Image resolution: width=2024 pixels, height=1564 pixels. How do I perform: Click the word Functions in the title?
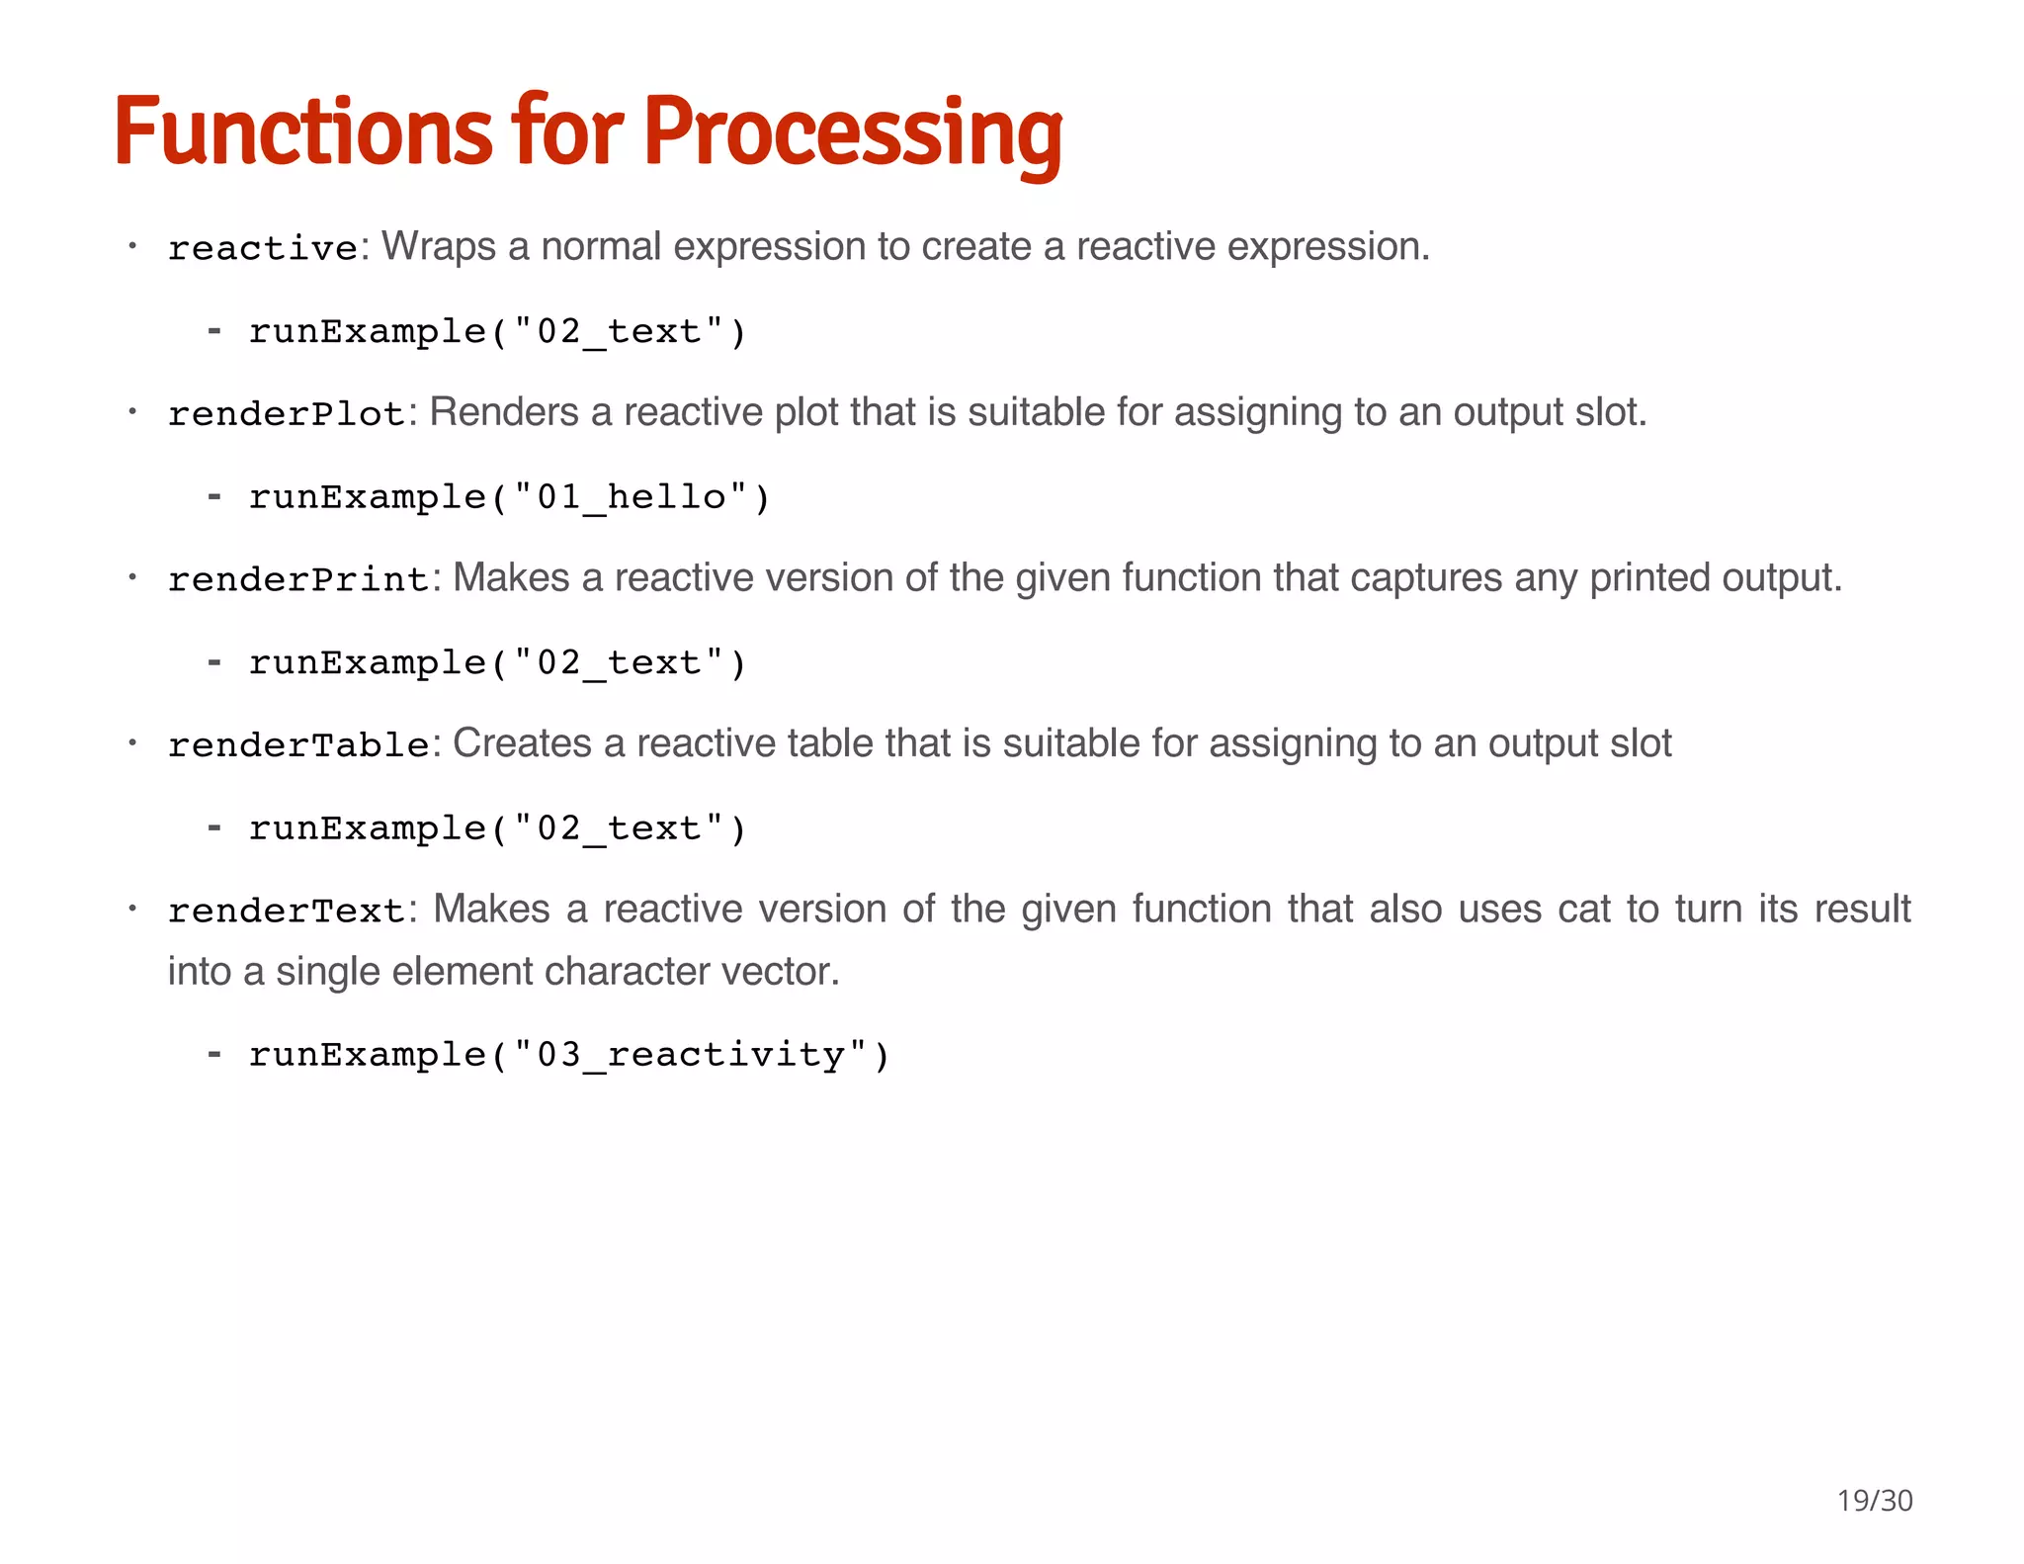301,132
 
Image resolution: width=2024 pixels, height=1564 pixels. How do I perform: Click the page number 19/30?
1874,1501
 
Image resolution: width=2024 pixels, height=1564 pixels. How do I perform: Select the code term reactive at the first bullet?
263,248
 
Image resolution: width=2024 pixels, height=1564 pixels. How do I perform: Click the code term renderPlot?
287,414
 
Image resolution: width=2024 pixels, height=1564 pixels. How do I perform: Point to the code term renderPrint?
298,579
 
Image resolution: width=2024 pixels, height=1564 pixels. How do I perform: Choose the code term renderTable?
298,745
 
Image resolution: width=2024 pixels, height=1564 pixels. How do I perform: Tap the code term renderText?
287,911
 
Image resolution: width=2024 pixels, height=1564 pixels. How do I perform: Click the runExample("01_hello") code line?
509,496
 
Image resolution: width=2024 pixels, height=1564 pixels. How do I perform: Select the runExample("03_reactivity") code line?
569,1055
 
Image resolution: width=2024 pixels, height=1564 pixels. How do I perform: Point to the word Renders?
504,412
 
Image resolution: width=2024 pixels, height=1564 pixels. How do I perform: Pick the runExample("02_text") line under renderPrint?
497,662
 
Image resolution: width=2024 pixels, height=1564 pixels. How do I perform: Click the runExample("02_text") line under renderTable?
497,827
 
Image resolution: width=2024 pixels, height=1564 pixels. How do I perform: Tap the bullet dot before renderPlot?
131,410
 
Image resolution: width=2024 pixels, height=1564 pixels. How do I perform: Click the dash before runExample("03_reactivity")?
213,1054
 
